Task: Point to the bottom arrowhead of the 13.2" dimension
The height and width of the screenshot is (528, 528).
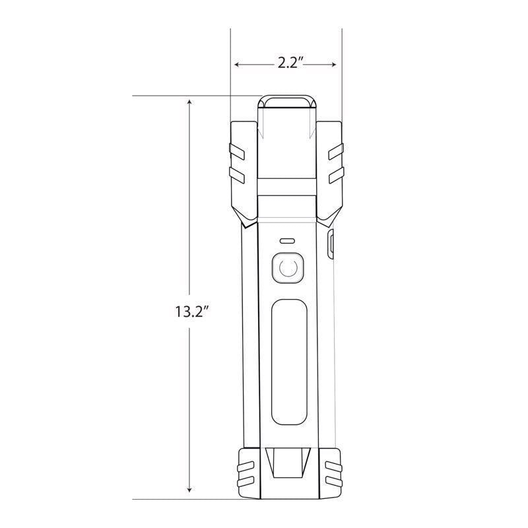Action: click(190, 490)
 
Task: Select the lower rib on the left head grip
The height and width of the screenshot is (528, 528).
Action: click(237, 173)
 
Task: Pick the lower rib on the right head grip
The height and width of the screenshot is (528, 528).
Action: click(335, 173)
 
